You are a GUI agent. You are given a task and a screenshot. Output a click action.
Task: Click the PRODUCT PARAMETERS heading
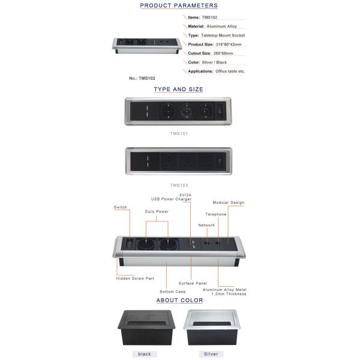(x=179, y=5)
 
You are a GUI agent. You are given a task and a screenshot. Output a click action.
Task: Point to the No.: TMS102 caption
(x=142, y=78)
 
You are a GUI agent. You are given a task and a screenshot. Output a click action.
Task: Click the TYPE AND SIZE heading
(x=178, y=89)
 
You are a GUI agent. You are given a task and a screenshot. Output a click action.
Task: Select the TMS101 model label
(x=178, y=133)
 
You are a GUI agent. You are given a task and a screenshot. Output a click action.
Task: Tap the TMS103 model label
(x=178, y=185)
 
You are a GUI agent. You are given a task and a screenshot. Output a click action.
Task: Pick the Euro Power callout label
(x=157, y=212)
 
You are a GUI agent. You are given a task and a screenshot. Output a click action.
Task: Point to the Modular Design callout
(x=229, y=203)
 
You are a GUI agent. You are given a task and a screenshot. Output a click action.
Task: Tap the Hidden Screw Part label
(x=135, y=278)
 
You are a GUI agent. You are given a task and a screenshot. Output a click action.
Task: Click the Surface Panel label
(x=193, y=283)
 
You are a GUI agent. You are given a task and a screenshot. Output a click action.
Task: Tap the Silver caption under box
(x=211, y=354)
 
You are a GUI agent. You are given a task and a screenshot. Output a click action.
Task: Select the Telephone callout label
(x=216, y=214)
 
